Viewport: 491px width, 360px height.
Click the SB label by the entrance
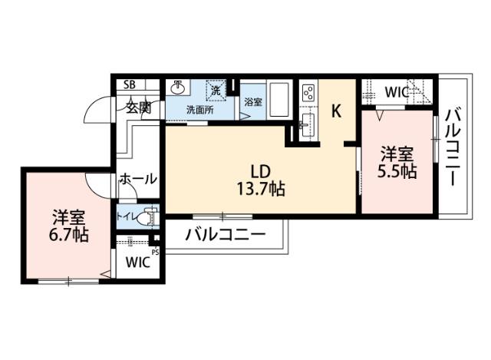coord(130,84)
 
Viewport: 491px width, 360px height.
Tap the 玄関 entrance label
coord(139,107)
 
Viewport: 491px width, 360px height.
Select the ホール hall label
coord(138,179)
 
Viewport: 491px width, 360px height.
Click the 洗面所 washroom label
coord(200,109)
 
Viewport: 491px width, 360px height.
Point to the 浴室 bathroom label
coord(252,101)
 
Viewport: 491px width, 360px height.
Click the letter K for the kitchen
coord(336,111)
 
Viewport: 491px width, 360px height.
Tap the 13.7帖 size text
coord(260,188)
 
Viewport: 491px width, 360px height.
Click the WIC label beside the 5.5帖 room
coord(397,92)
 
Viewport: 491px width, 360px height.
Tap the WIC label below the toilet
coord(138,263)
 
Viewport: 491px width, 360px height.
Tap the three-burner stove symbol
coord(308,93)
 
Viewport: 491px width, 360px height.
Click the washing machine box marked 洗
coord(216,90)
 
